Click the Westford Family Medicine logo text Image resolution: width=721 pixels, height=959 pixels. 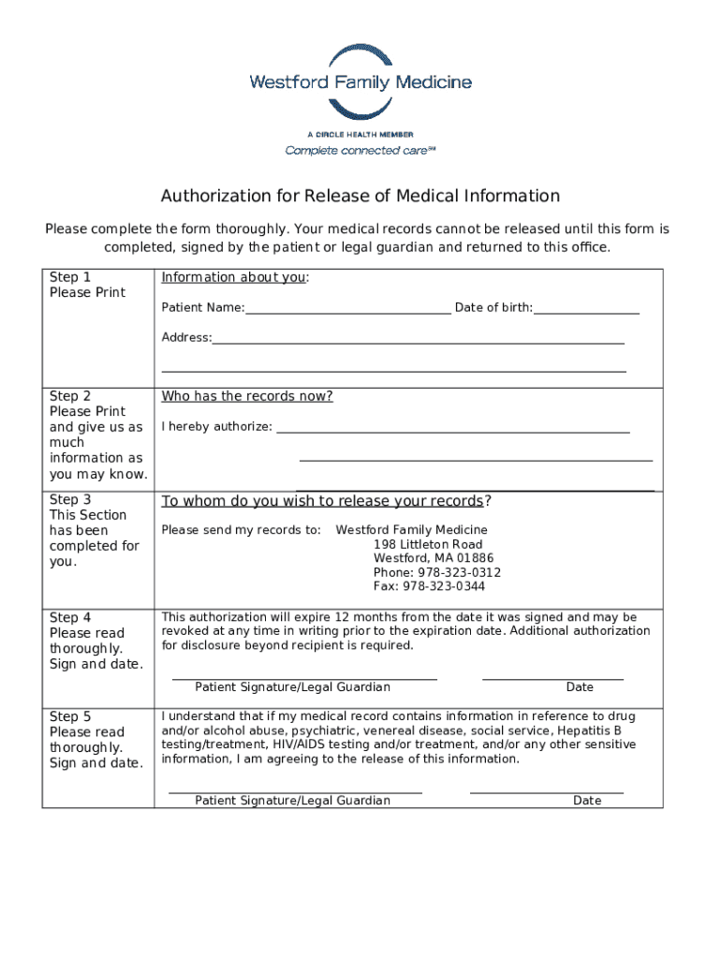tap(360, 82)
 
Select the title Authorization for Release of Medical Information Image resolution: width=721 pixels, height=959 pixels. tap(360, 196)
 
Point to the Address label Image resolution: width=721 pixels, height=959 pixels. tap(186, 337)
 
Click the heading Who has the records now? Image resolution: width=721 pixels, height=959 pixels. tap(247, 396)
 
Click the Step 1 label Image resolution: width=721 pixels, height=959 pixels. tap(70, 277)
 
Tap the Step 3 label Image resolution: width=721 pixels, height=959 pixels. tap(70, 500)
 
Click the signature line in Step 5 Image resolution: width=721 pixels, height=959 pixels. tap(295, 791)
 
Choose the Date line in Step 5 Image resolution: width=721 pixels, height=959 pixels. tap(546, 791)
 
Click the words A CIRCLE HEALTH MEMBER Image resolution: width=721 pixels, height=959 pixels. tap(360, 135)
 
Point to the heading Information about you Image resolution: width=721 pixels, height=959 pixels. tap(234, 277)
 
